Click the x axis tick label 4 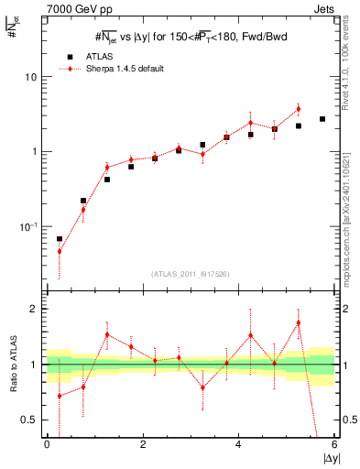(x=238, y=444)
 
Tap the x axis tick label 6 (x=334, y=444)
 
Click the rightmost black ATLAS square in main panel (x=322, y=119)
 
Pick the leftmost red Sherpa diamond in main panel (x=60, y=251)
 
